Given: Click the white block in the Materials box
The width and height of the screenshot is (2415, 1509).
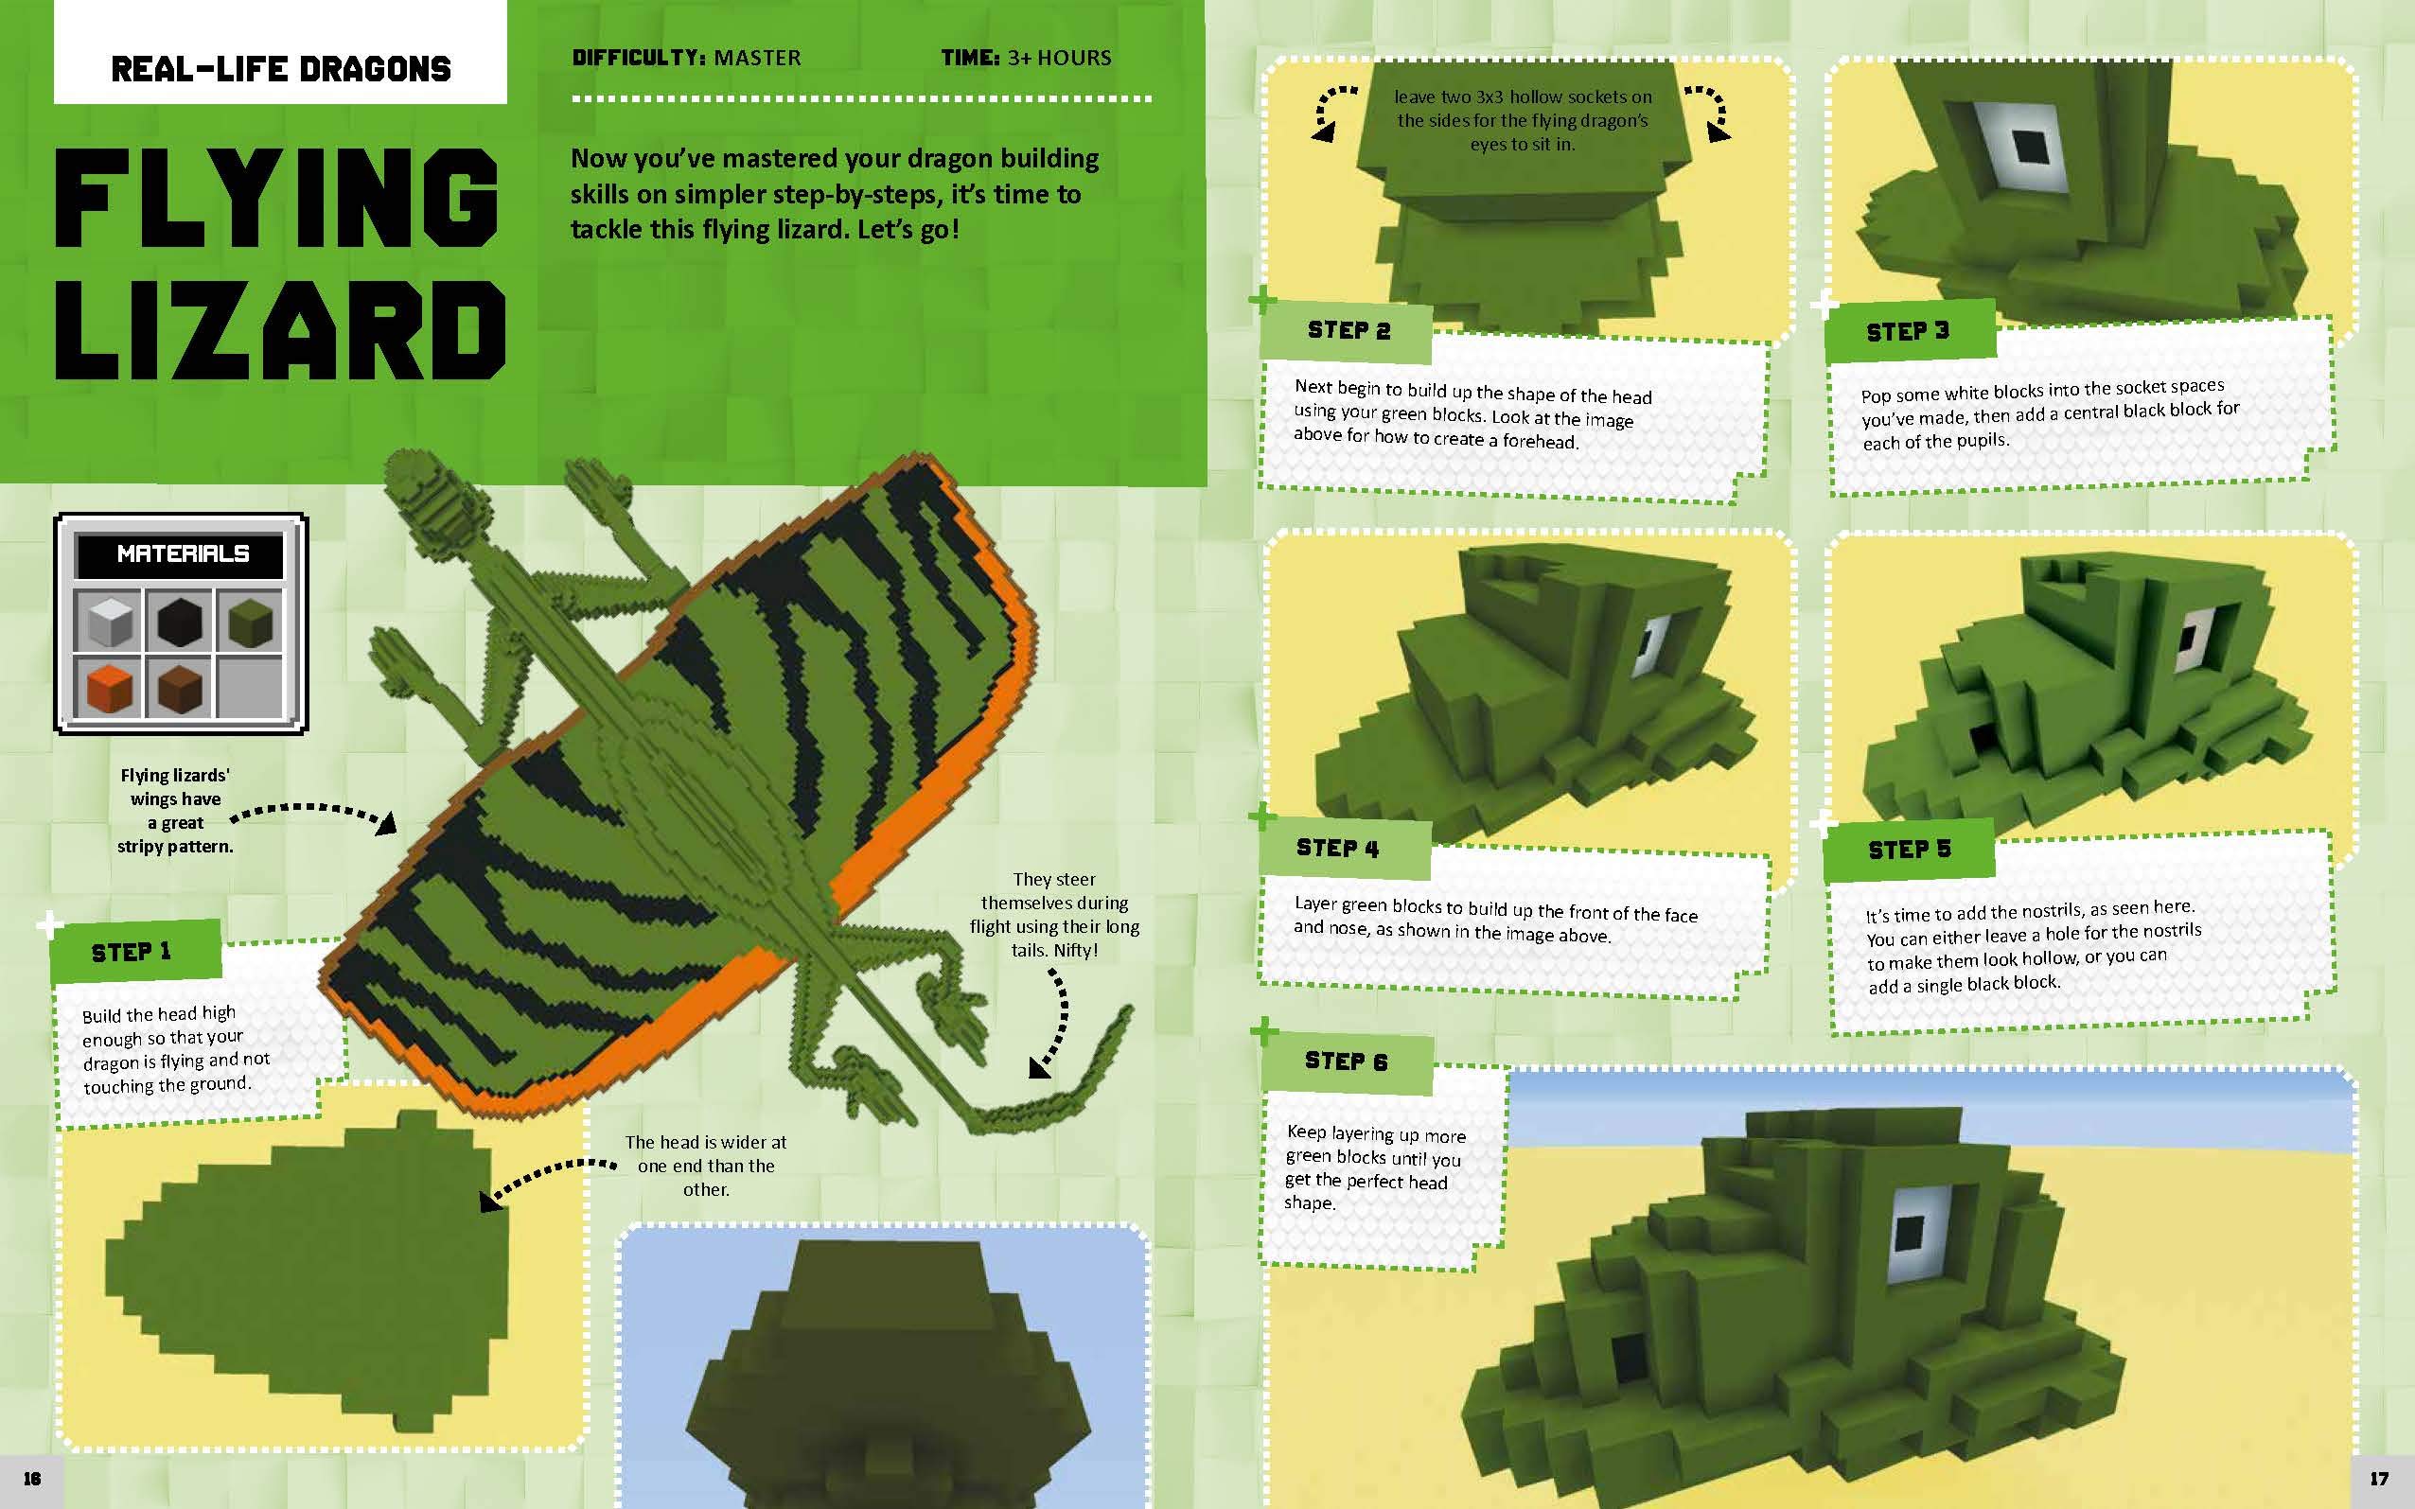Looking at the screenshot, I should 109,622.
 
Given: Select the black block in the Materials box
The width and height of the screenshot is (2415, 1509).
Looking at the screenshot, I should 180,622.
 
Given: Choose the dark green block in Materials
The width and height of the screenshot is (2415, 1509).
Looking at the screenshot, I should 250,622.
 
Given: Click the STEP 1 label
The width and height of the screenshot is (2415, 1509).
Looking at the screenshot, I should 131,952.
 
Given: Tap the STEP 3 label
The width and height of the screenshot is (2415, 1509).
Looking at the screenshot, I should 1907,331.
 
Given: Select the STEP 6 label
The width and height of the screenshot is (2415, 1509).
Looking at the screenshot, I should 1346,1061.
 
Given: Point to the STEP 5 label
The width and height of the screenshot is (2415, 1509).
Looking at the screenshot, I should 1908,850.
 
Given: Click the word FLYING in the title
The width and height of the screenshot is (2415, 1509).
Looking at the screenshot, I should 275,199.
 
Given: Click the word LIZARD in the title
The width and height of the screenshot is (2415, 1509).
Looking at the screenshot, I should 279,330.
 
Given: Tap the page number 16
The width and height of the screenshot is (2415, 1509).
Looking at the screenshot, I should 32,1478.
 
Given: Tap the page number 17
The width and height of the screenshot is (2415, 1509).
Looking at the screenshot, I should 2379,1478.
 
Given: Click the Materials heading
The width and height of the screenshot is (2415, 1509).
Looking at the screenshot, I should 183,553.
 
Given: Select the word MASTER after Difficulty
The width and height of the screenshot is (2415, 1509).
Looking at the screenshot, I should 756,58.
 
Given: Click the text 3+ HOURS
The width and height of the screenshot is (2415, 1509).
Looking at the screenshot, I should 1059,58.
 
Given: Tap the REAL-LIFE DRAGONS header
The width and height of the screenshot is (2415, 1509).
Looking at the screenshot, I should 280,69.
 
